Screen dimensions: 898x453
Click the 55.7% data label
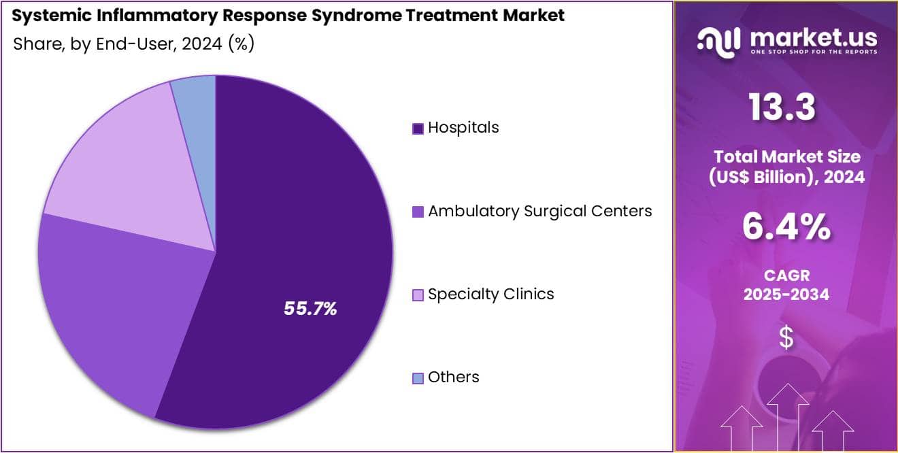[310, 308]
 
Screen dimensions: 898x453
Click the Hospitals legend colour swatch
[418, 129]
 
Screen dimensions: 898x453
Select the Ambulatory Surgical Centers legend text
[540, 211]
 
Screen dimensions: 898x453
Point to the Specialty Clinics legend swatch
[418, 295]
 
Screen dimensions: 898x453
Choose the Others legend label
[453, 377]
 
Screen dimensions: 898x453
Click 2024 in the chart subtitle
[201, 44]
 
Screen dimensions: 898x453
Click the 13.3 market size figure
[782, 107]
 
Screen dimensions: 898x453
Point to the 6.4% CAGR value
[786, 227]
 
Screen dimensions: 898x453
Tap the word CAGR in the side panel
[786, 275]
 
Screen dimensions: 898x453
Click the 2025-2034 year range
[786, 295]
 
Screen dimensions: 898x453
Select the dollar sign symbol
[786, 337]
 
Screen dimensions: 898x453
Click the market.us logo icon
[719, 42]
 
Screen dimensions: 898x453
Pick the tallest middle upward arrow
[788, 417]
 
